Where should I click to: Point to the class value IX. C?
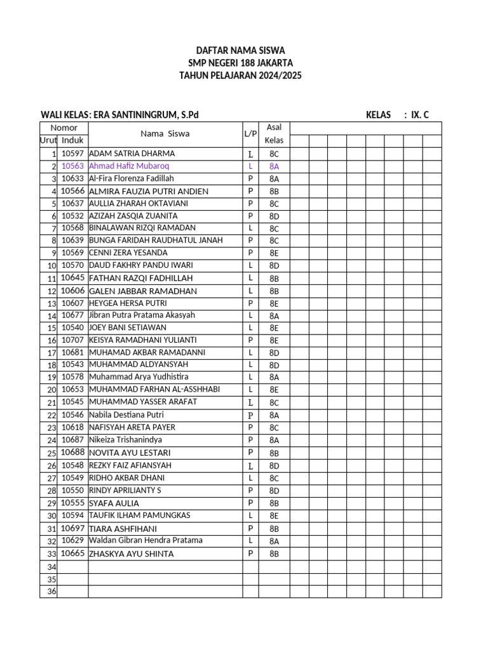(x=420, y=115)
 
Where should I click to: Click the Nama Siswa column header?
(x=165, y=134)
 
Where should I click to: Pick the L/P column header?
(x=250, y=134)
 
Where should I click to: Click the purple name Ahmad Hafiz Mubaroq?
(x=129, y=166)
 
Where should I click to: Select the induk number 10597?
(x=72, y=154)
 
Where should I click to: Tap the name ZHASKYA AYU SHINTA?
(x=132, y=554)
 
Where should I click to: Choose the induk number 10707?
(x=72, y=340)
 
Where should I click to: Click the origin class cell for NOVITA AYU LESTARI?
(x=274, y=453)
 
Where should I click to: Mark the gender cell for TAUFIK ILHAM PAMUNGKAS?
(x=250, y=515)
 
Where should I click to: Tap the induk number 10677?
(x=72, y=315)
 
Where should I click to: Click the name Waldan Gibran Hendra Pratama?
(x=146, y=540)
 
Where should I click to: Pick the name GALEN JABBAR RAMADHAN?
(x=143, y=291)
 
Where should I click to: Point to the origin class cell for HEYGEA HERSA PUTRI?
(x=274, y=303)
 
